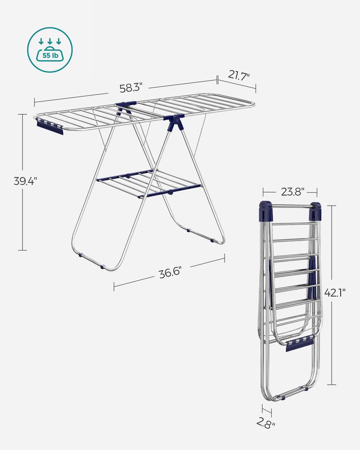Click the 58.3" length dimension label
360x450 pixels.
click(131, 84)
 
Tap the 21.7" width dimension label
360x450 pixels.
click(238, 75)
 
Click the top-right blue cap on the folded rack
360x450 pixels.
click(315, 210)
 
